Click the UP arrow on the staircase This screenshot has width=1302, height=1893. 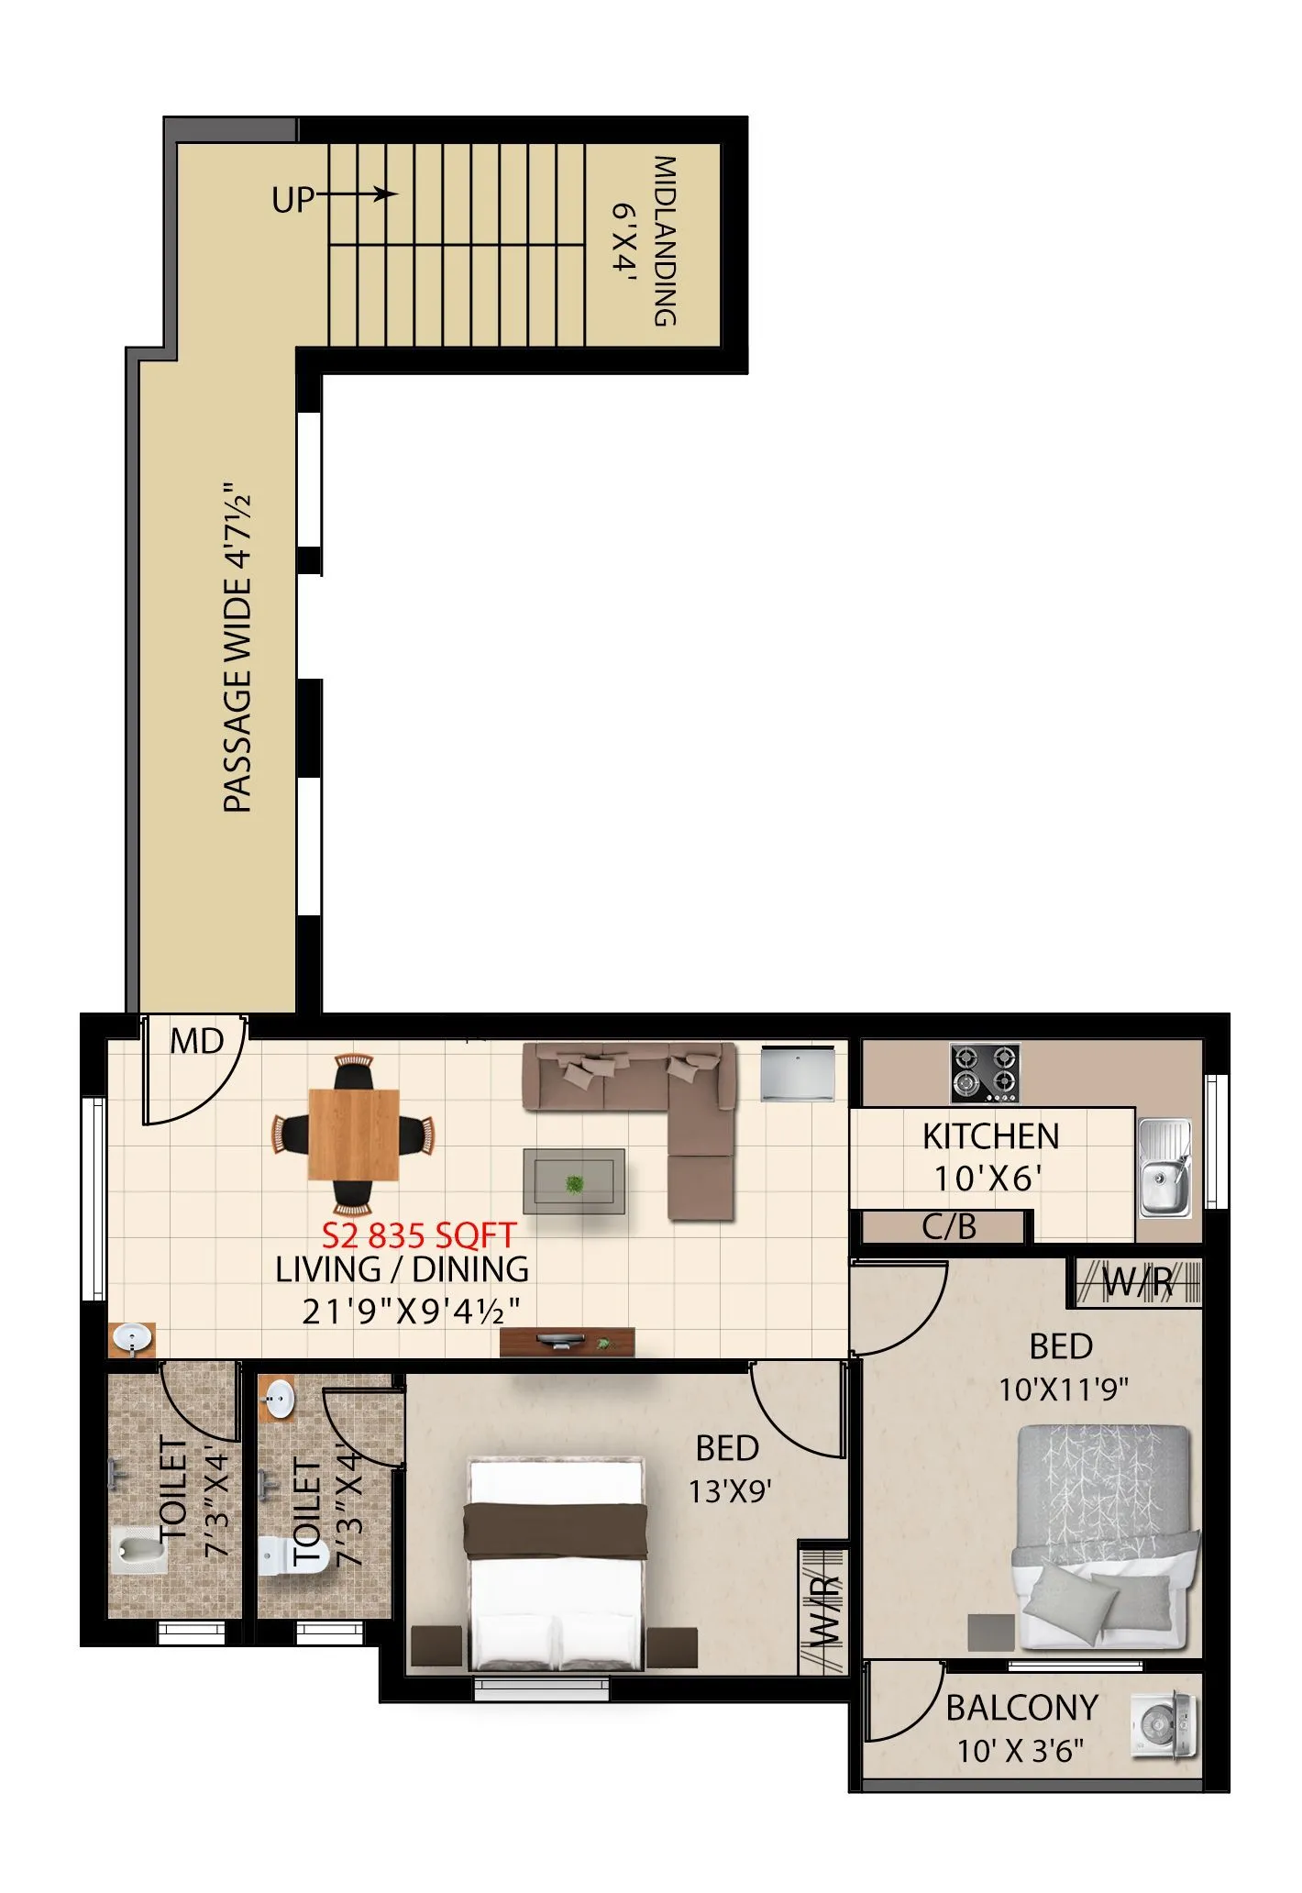click(358, 194)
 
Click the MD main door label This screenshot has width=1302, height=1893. click(197, 1042)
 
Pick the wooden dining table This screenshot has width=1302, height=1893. click(354, 1135)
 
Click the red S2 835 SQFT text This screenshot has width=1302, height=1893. click(419, 1235)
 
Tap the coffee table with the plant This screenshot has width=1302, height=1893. click(574, 1182)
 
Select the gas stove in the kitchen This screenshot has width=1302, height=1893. click(986, 1073)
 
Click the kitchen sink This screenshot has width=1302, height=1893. click(1164, 1168)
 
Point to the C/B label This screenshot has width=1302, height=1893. click(949, 1227)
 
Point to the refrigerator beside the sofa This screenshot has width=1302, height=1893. click(798, 1074)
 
